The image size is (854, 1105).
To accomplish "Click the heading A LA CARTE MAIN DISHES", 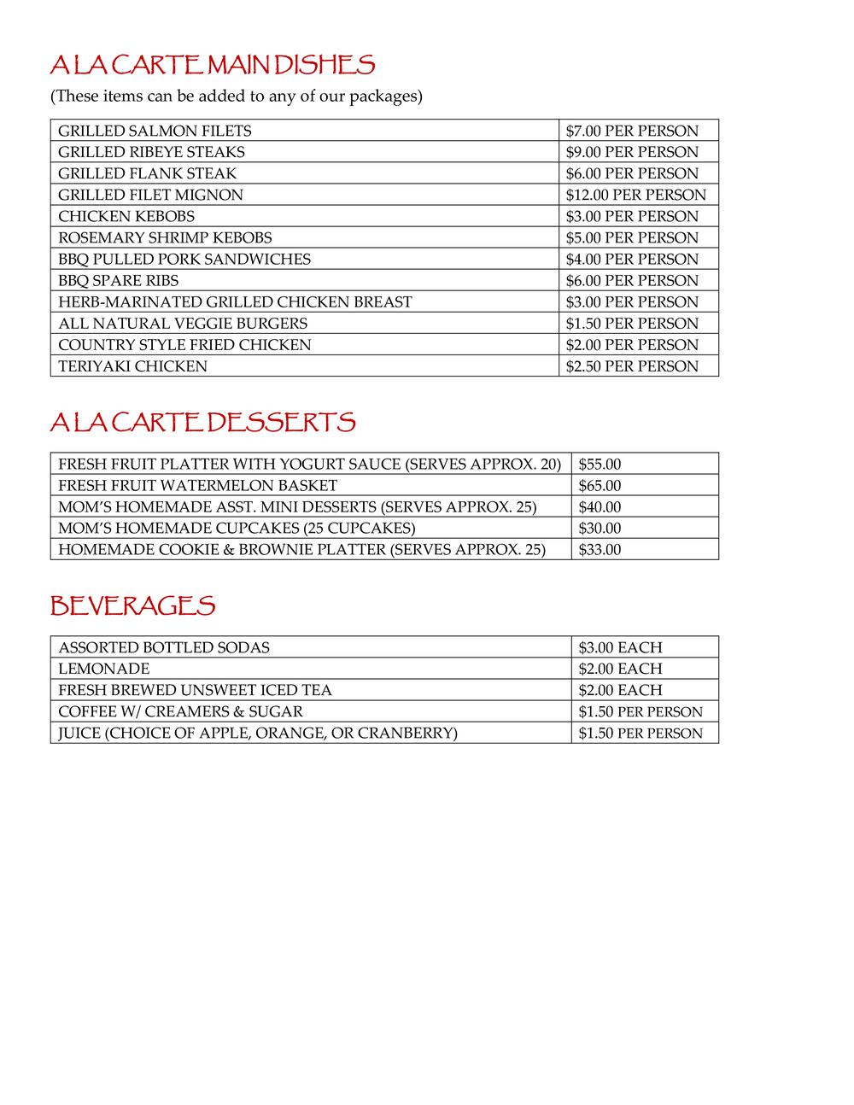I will [x=213, y=65].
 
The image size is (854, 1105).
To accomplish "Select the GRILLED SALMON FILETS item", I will [x=155, y=131].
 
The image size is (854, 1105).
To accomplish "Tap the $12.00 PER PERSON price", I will [x=635, y=195].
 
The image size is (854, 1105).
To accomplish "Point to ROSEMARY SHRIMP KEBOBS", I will [x=165, y=237].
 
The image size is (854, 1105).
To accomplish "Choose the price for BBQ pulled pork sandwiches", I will [x=631, y=259].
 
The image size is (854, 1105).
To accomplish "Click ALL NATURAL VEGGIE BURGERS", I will [x=183, y=324].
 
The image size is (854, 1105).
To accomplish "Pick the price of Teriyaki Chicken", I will [x=631, y=366].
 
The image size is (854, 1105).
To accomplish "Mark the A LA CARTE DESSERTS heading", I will [x=202, y=422].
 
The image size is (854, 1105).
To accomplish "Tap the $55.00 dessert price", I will [x=600, y=465].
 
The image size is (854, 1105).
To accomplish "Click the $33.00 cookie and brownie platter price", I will [x=600, y=550].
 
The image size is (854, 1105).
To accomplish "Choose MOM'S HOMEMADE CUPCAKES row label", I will [x=237, y=529].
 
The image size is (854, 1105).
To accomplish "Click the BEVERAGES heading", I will [x=132, y=605].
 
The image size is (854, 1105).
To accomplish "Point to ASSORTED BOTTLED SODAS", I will [x=164, y=647].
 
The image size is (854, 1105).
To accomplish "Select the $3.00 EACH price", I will [x=620, y=647].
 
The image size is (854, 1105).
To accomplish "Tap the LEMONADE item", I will [x=103, y=669].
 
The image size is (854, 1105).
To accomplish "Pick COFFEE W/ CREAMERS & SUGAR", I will [x=180, y=711].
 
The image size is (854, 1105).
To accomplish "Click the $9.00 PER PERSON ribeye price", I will [x=631, y=152].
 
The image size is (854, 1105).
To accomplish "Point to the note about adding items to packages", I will [x=237, y=96].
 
